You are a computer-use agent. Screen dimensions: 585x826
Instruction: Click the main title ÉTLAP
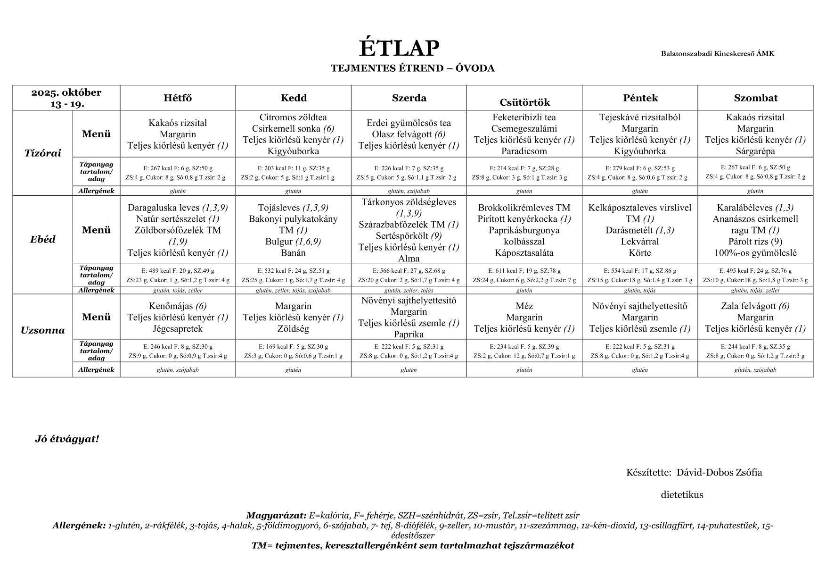pos(399,48)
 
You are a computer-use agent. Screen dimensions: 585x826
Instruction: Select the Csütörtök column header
pos(524,102)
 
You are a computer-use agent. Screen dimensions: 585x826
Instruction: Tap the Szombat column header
pos(755,98)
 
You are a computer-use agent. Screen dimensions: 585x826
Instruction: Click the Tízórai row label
pos(42,153)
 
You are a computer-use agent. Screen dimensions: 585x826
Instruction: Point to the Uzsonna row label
pos(42,330)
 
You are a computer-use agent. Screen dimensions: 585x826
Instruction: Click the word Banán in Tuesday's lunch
pos(293,253)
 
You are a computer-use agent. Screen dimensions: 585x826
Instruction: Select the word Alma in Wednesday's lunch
pos(409,259)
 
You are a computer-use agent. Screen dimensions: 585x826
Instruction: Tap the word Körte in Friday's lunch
pos(639,253)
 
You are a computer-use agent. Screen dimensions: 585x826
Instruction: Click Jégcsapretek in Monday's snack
pos(178,329)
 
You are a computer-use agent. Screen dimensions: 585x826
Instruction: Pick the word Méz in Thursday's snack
pos(524,306)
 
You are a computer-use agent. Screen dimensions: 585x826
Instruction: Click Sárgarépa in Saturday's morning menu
pos(755,151)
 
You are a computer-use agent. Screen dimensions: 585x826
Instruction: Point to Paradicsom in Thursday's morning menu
pos(524,151)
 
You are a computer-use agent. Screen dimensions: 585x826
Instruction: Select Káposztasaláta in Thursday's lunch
pos(524,253)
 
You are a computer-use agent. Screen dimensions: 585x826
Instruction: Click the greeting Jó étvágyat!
pos(67,439)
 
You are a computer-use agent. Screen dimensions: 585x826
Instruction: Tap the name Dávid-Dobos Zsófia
pos(719,472)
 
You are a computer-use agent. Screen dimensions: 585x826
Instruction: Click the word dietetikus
pos(682,495)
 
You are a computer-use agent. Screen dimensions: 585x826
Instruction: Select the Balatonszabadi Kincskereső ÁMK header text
pos(717,53)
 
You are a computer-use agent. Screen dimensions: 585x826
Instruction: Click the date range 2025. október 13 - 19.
pos(66,98)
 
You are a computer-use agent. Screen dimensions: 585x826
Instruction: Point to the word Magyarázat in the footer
pos(276,516)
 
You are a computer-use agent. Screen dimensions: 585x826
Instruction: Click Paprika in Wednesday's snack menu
pos(409,334)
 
